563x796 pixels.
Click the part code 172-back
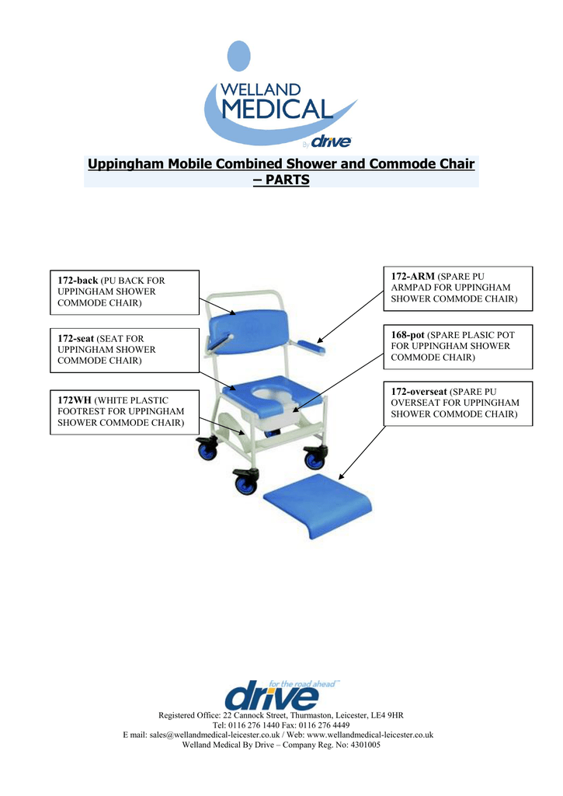pos(78,280)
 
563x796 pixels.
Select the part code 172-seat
pos(77,338)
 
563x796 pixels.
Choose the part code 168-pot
pos(408,334)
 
